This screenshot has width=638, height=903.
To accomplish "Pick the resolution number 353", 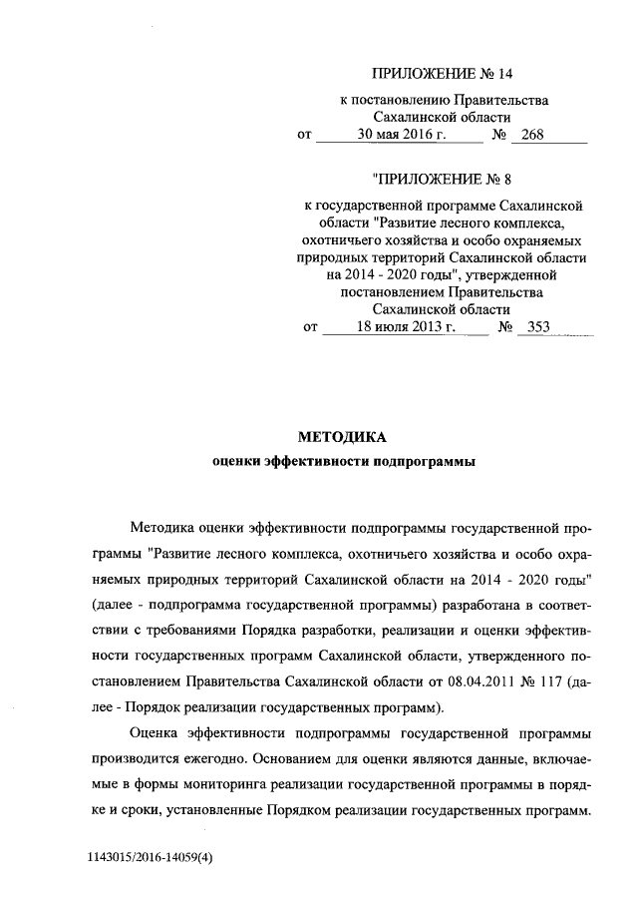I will click(x=538, y=325).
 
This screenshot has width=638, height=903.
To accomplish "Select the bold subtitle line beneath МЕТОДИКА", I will click(x=344, y=461).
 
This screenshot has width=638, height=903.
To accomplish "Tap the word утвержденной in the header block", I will click(x=512, y=274).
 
